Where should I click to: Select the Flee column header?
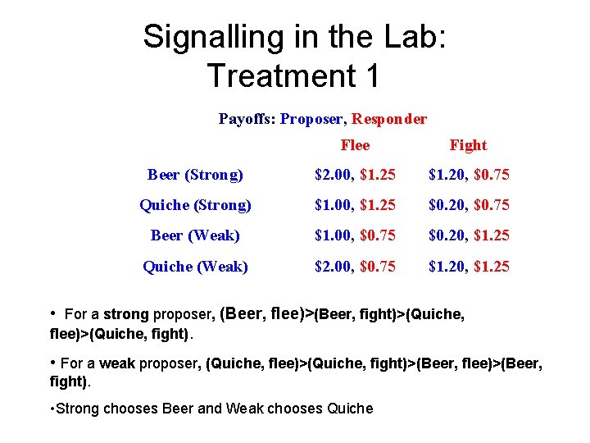tap(355, 145)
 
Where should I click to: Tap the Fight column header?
tap(468, 145)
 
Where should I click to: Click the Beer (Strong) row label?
tap(195, 175)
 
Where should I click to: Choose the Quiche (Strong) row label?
tap(195, 205)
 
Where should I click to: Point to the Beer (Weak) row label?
tap(195, 235)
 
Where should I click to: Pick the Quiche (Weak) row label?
tap(195, 267)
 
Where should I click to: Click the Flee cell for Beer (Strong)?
tap(356, 175)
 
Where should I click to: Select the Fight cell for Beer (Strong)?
tap(468, 175)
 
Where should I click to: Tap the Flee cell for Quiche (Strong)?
tap(356, 205)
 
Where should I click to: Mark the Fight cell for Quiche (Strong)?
tap(468, 205)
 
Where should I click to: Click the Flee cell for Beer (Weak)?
tap(356, 235)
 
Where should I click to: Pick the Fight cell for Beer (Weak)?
tap(468, 235)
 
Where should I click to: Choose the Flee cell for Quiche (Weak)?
tap(356, 267)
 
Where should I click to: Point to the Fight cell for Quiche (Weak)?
tap(468, 267)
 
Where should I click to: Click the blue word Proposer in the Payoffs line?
tap(311, 119)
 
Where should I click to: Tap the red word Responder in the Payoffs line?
tap(389, 119)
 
